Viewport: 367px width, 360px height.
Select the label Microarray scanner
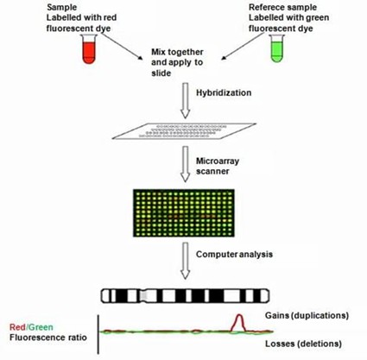[217, 165]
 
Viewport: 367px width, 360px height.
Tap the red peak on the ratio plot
[243, 320]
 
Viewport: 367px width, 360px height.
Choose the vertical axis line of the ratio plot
[99, 335]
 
